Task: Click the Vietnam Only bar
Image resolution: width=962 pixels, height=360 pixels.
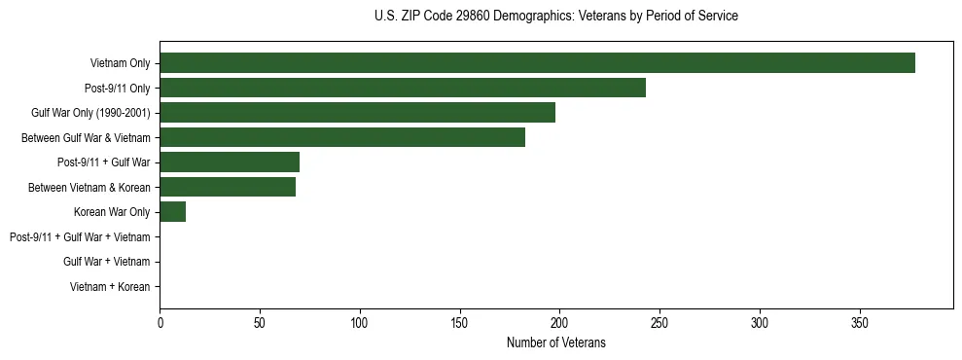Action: tap(537, 63)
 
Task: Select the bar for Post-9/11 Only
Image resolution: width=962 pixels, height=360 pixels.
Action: tap(403, 88)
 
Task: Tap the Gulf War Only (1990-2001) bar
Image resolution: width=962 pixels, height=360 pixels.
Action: tap(357, 113)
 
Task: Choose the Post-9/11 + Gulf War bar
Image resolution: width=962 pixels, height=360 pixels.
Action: tap(230, 162)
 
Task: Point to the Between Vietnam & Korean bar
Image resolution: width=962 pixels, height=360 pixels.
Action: tap(228, 187)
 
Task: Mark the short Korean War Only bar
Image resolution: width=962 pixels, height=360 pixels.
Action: tap(172, 212)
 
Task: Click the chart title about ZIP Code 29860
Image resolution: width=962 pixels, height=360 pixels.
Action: tap(555, 17)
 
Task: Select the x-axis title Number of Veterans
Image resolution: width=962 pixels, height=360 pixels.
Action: tap(555, 342)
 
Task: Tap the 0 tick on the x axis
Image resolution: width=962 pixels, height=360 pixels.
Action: tap(160, 321)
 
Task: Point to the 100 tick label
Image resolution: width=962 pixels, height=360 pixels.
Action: tap(360, 321)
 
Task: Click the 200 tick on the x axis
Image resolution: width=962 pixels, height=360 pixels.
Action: tap(559, 321)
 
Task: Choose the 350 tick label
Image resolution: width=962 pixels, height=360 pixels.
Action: tap(860, 321)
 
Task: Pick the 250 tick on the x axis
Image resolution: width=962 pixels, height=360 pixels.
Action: tap(659, 321)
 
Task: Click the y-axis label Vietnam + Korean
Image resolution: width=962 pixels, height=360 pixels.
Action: tap(110, 287)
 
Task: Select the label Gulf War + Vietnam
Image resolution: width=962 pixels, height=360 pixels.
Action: tap(106, 262)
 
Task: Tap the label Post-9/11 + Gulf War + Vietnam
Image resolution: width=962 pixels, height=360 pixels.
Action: tap(80, 237)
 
